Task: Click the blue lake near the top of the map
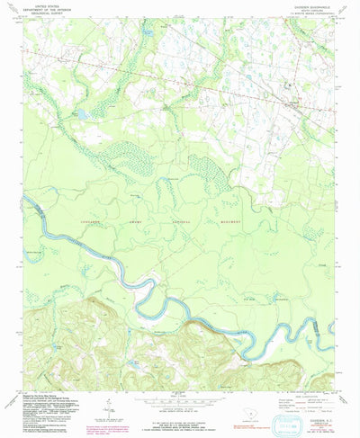tap(147, 34)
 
